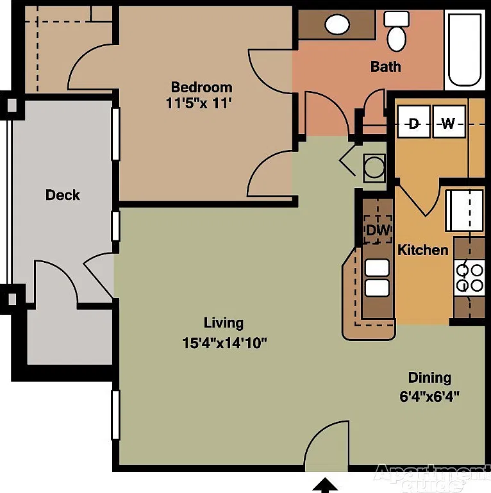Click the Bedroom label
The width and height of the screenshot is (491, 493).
coord(201,87)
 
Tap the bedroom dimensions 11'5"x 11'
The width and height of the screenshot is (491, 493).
coord(199,103)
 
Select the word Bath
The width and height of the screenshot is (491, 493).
coord(385,67)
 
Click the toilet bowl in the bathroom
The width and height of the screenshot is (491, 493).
coord(397,39)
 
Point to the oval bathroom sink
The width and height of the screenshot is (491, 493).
coord(337,24)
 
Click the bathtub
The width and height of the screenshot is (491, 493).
coord(465,50)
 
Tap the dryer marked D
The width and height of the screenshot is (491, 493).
coord(413,122)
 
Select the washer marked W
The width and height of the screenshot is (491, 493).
coord(449,122)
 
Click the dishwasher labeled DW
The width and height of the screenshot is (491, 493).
coord(378,230)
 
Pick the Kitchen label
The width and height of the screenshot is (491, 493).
coord(423,250)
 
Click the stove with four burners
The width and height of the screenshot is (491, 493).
coord(469,278)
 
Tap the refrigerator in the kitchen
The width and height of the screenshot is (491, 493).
coord(465,211)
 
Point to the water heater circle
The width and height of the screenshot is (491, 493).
coord(374,167)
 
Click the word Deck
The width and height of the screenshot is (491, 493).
coord(63,195)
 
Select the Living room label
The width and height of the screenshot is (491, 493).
coord(224,323)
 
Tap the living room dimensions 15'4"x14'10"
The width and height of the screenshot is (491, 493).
coord(224,343)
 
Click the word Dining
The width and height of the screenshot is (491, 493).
coord(429,378)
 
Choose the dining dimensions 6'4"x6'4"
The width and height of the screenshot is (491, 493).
coord(429,396)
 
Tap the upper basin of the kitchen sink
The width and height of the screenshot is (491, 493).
coord(377,268)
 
